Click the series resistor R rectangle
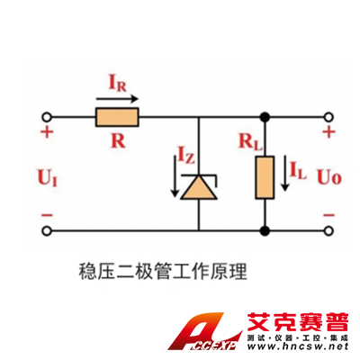(117, 117)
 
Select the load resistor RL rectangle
(265, 177)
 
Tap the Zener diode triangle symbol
(199, 187)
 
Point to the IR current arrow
(117, 99)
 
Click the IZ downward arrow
(174, 176)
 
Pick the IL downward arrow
(285, 173)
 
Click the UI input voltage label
(47, 177)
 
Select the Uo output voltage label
(329, 176)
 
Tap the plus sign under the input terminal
(47, 131)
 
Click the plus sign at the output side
(329, 132)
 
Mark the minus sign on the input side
(47, 215)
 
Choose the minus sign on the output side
(329, 215)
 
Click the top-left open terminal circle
(47, 117)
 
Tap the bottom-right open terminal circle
(329, 231)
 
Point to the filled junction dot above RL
(265, 117)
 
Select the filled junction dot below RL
(265, 231)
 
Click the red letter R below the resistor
(118, 140)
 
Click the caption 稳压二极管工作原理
(163, 272)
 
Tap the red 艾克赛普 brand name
(298, 322)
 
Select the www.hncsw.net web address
(298, 346)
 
